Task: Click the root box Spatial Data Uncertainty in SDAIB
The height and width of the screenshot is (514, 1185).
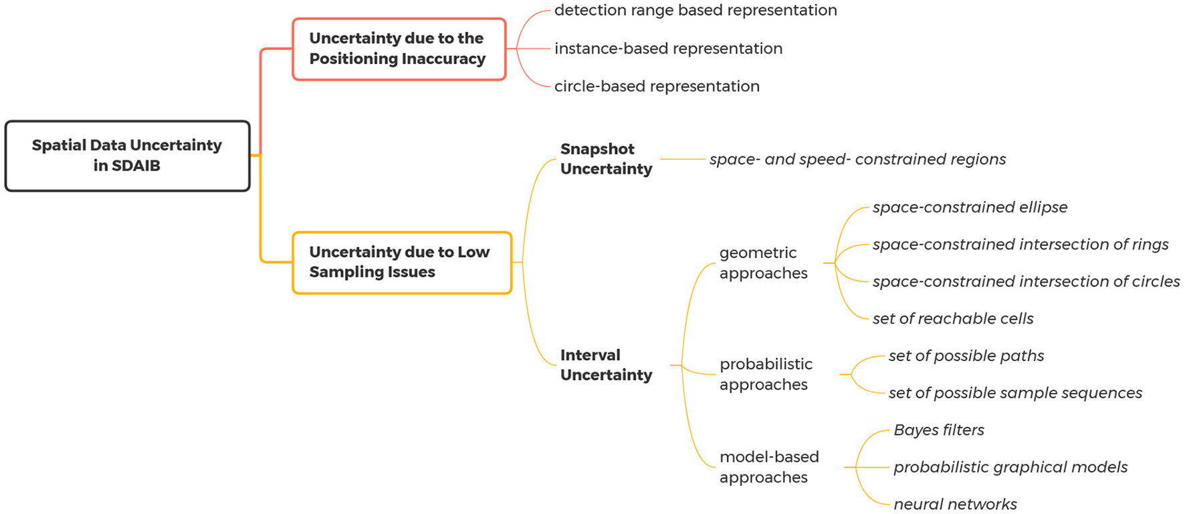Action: pos(127,156)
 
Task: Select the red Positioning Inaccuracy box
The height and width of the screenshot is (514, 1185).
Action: pos(399,49)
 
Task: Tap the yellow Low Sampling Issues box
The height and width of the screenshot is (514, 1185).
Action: pos(401,262)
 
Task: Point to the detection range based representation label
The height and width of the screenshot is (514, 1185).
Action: pos(695,11)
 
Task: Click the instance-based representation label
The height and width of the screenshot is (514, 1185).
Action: pos(668,49)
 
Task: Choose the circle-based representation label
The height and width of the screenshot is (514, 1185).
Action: pos(657,86)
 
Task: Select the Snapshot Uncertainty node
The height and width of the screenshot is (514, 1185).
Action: pos(606,159)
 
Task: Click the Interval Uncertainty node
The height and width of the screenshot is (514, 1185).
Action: pos(606,365)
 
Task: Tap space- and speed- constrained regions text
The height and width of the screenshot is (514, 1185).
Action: pos(857,159)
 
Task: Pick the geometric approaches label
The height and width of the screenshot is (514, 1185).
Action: pos(763,263)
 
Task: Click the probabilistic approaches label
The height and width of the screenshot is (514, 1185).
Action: pos(766,374)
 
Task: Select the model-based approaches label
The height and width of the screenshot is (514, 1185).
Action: pos(768,467)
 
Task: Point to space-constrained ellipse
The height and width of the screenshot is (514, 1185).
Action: pos(970,207)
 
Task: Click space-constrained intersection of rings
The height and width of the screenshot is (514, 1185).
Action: pos(1020,245)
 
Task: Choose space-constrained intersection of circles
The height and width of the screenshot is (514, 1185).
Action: pos(1026,281)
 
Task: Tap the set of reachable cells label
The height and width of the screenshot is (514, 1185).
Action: pos(953,319)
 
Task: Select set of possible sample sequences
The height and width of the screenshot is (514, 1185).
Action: pos(1015,393)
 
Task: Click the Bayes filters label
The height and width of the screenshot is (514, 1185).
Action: pos(939,430)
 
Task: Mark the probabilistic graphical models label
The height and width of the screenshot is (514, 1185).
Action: pos(1010,467)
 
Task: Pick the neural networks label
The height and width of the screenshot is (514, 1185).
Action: pos(955,505)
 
